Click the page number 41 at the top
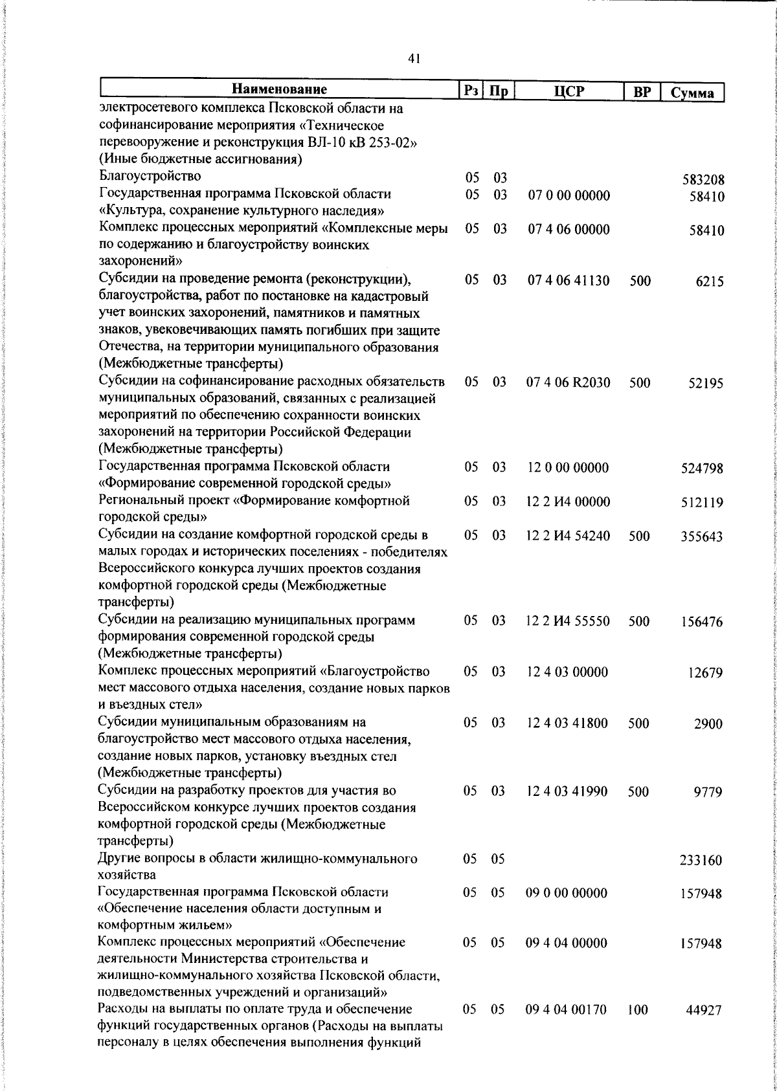414,59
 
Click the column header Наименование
280,89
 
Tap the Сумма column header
692,93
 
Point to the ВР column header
642,92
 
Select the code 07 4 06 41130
569,280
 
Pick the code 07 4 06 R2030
569,382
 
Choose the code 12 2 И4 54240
569,536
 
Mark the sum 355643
703,537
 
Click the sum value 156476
703,623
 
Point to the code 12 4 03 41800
567,723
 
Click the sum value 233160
701,861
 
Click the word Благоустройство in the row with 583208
150,176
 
